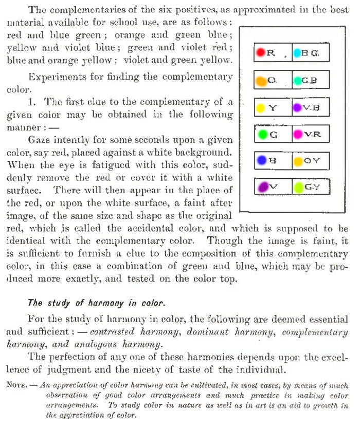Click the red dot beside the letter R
pos(261,53)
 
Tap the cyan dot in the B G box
pos(297,53)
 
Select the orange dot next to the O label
pos(261,81)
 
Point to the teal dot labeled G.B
pos(297,81)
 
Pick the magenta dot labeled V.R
pos(297,134)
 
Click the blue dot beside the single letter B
pos(261,160)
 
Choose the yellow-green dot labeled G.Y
pos(297,187)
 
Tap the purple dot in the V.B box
pos(297,108)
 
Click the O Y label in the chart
pos(312,161)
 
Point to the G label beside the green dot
pos(274,135)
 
